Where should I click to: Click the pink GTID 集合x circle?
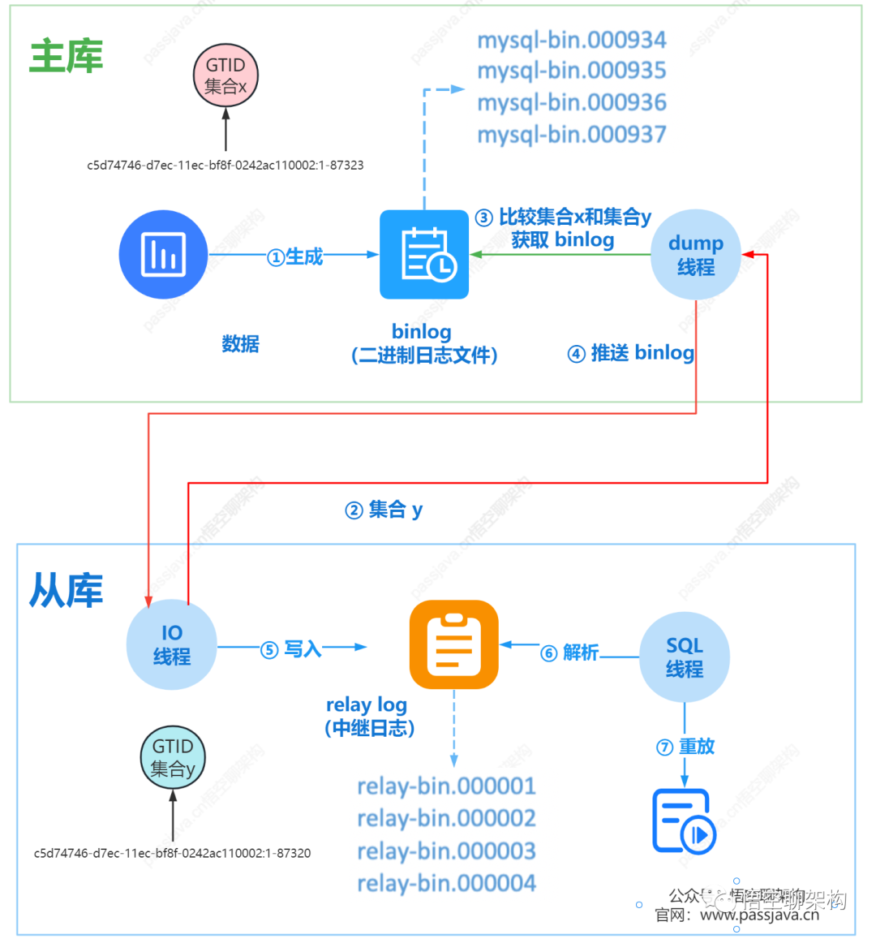pyautogui.click(x=225, y=75)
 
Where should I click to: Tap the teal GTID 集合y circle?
pyautogui.click(x=173, y=757)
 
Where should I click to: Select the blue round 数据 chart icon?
pyautogui.click(x=164, y=255)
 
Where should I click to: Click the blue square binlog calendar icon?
pyautogui.click(x=424, y=255)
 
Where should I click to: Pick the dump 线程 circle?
pyautogui.click(x=696, y=255)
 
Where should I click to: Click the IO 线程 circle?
pyautogui.click(x=172, y=645)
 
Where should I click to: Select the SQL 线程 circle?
pyautogui.click(x=685, y=657)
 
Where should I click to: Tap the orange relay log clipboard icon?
pyautogui.click(x=453, y=644)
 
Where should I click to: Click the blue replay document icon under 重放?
pyautogui.click(x=684, y=821)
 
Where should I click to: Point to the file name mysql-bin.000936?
pyautogui.click(x=572, y=103)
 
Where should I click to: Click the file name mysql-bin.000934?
pyautogui.click(x=572, y=40)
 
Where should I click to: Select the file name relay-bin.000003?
pyautogui.click(x=446, y=851)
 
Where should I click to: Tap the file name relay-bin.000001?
pyautogui.click(x=446, y=786)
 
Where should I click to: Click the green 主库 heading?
pyautogui.click(x=67, y=57)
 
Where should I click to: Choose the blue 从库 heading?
pyautogui.click(x=67, y=590)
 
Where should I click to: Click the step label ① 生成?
pyautogui.click(x=295, y=257)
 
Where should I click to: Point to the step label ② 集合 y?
pyautogui.click(x=384, y=510)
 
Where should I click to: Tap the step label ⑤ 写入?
pyautogui.click(x=291, y=649)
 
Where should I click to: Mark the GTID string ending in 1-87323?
pyautogui.click(x=225, y=165)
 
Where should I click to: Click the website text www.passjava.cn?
pyautogui.click(x=759, y=915)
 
